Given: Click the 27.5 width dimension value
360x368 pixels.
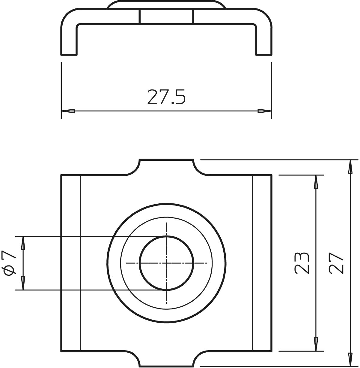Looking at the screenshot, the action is click(x=166, y=97).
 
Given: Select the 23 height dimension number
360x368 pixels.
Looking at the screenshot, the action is click(x=302, y=263).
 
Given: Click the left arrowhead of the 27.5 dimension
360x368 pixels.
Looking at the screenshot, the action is click(x=68, y=111).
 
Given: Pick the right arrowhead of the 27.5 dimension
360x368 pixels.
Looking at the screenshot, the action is click(x=264, y=111).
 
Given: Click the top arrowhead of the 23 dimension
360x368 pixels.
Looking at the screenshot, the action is click(x=316, y=182).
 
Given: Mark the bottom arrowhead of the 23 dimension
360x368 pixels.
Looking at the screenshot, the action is click(x=316, y=344).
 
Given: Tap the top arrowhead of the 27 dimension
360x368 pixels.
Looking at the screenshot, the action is click(x=350, y=166).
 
